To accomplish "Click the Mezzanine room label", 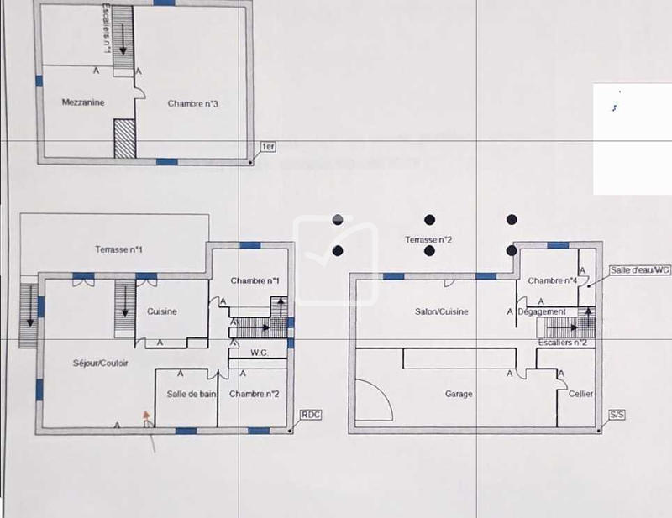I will click(x=83, y=102).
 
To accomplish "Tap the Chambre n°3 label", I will click(x=193, y=104).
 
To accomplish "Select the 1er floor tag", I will click(x=269, y=147).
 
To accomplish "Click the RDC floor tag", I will click(x=311, y=415).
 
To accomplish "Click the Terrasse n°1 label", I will click(x=118, y=249).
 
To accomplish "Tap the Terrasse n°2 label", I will click(x=428, y=240).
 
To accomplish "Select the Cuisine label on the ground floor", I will click(x=162, y=311).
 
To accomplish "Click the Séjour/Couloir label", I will click(x=100, y=363).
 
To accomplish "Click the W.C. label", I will click(x=259, y=353).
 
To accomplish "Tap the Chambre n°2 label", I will click(x=254, y=394).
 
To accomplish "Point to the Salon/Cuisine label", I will click(x=441, y=311).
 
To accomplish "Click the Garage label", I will click(x=459, y=394).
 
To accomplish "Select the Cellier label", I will click(x=580, y=394).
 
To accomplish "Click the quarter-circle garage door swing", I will click(x=373, y=400).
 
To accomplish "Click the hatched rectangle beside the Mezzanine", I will click(x=124, y=138).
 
